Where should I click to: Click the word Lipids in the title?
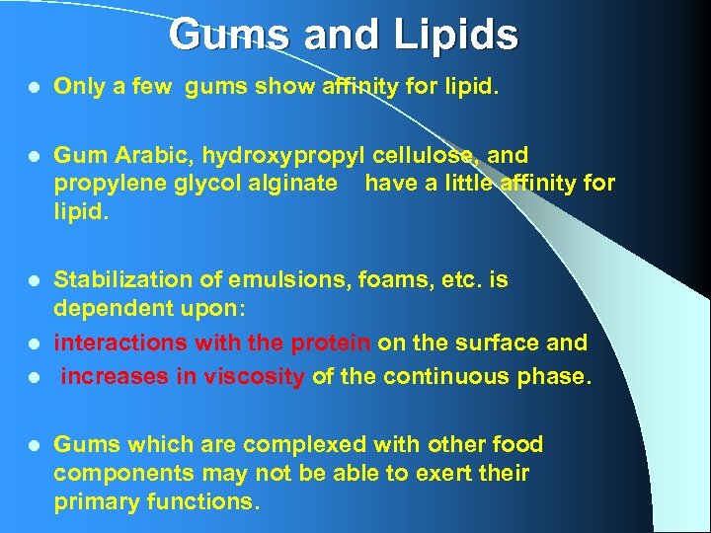457,36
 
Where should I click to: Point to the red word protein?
331,343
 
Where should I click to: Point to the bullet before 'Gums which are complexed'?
34,445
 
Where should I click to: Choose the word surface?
499,343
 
